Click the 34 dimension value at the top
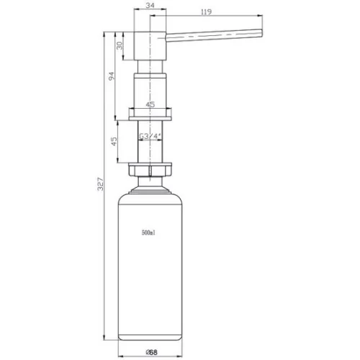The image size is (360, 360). tap(150, 5)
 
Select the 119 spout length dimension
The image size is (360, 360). tap(206, 12)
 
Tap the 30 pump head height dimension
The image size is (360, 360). tap(120, 45)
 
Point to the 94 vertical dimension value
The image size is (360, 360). tap(112, 76)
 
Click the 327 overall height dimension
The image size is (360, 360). tap(100, 184)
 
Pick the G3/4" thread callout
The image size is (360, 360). tap(150, 136)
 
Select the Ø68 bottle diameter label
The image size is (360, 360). tap(152, 352)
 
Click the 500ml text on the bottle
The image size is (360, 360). tap(148, 233)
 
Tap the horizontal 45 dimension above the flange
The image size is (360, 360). tap(150, 104)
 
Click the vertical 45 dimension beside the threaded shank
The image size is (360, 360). tap(114, 141)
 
